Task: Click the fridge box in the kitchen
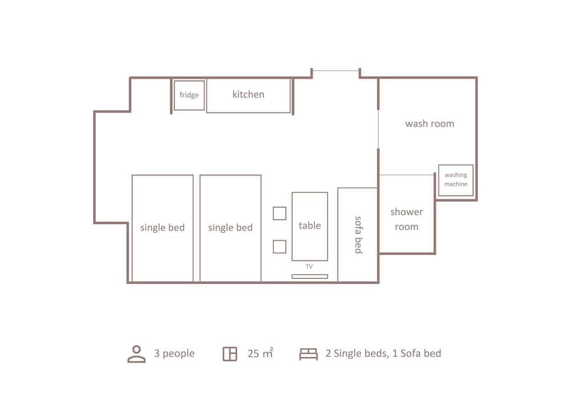pyautogui.click(x=189, y=95)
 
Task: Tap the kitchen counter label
pyautogui.click(x=248, y=94)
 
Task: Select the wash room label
pyautogui.click(x=429, y=123)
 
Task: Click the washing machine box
pyautogui.click(x=456, y=180)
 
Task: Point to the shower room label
pyautogui.click(x=407, y=219)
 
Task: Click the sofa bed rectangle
pyautogui.click(x=357, y=235)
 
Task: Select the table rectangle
pyautogui.click(x=309, y=226)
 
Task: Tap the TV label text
pyautogui.click(x=309, y=266)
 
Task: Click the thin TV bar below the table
pyautogui.click(x=309, y=277)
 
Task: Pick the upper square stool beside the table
pyautogui.click(x=279, y=213)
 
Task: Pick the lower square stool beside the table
pyautogui.click(x=279, y=247)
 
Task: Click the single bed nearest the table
pyautogui.click(x=230, y=228)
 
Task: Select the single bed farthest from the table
pyautogui.click(x=163, y=228)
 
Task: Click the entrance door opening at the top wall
pyautogui.click(x=336, y=71)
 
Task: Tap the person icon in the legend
pyautogui.click(x=136, y=354)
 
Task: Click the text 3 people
pyautogui.click(x=174, y=354)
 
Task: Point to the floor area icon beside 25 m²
pyautogui.click(x=230, y=354)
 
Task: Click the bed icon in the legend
pyautogui.click(x=308, y=354)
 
